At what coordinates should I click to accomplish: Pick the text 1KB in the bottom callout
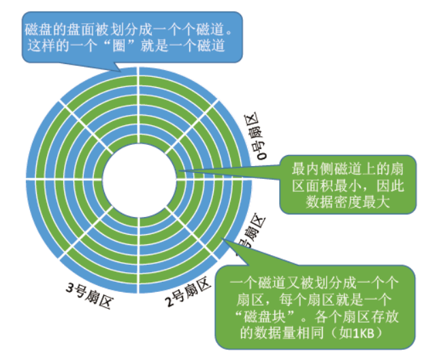370,332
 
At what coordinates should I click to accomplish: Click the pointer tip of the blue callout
119,71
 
